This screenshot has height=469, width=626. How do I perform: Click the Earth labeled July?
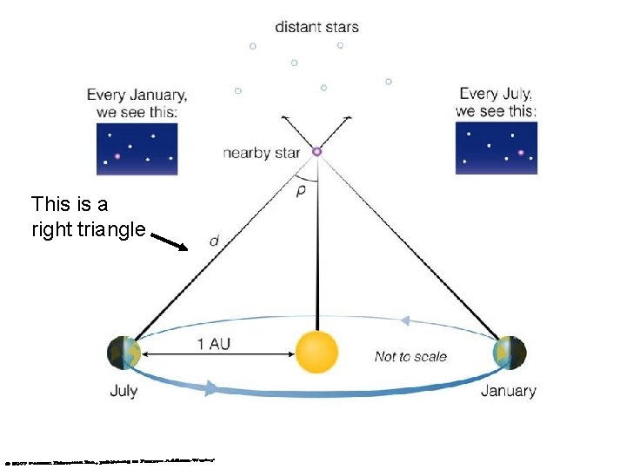[x=123, y=353]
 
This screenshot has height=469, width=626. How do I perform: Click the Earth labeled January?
[x=509, y=353]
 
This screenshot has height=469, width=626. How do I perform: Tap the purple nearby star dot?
[x=316, y=152]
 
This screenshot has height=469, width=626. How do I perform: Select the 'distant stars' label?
[x=316, y=26]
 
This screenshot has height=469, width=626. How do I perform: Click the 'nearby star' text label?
[x=261, y=153]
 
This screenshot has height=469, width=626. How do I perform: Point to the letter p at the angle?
[x=301, y=190]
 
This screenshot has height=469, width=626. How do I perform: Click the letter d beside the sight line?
[x=214, y=241]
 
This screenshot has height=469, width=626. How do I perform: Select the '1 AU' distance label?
[x=214, y=344]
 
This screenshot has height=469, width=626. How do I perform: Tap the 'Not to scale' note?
[x=410, y=356]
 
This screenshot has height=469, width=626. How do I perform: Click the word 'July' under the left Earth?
[x=123, y=390]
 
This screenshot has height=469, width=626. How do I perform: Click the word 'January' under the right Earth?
[x=508, y=390]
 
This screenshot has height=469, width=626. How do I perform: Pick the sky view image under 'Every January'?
[x=137, y=149]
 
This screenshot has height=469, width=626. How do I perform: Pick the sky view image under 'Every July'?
[x=496, y=148]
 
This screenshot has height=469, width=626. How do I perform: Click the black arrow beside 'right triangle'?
[x=170, y=241]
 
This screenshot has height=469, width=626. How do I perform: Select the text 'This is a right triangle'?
[x=87, y=217]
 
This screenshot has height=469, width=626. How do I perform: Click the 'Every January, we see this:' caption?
[x=137, y=102]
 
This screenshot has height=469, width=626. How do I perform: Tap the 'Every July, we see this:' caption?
[x=496, y=102]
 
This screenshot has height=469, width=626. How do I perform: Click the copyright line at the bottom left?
[x=109, y=460]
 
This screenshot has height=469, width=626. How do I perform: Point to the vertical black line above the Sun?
[x=316, y=252]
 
